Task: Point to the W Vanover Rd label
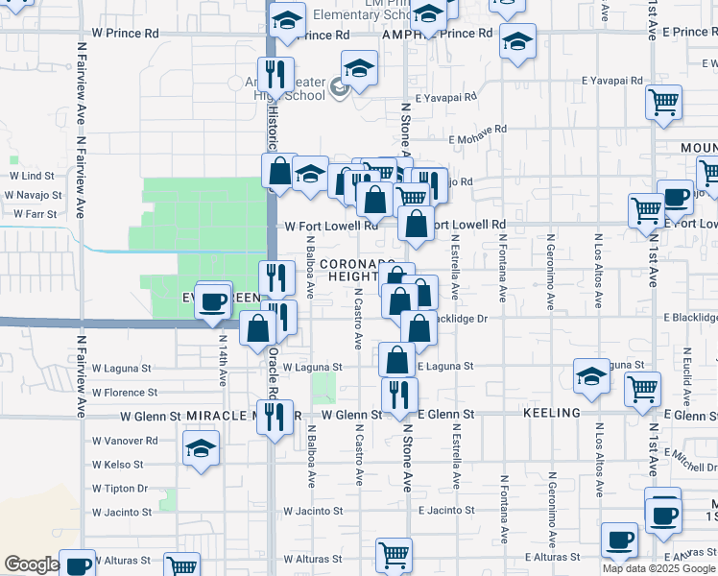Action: tap(125, 441)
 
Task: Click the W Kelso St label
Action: tap(117, 464)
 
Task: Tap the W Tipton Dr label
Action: tap(119, 488)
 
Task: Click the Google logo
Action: tap(32, 564)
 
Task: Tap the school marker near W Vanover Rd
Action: tap(202, 448)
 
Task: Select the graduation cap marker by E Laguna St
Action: tap(591, 376)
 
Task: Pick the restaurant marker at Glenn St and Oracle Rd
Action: tap(275, 418)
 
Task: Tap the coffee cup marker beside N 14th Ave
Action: tap(214, 301)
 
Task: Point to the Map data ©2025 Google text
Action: tap(658, 568)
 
